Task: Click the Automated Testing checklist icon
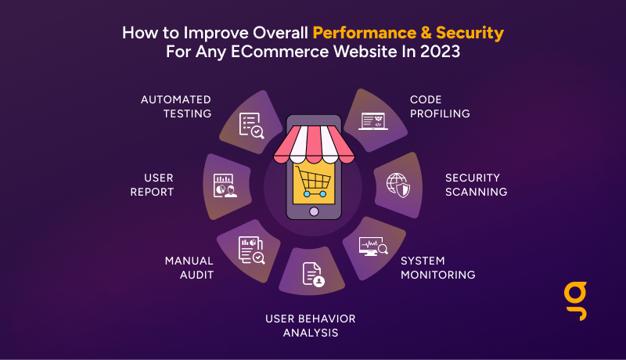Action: click(251, 126)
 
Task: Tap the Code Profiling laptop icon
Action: click(373, 121)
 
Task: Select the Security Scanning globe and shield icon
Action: click(398, 185)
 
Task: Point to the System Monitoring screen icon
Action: click(373, 247)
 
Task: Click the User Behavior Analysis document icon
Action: click(314, 275)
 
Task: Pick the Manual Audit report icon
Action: click(251, 250)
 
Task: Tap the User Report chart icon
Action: click(225, 185)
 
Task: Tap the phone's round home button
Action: click(314, 211)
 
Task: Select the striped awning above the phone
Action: click(314, 145)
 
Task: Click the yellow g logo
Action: click(576, 301)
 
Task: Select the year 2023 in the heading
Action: click(440, 52)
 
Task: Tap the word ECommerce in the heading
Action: click(280, 52)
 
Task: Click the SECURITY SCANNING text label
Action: click(477, 185)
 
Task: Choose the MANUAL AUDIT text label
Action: click(189, 268)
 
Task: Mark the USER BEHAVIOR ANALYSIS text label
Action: click(311, 326)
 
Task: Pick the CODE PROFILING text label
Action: click(440, 106)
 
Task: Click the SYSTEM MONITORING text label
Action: click(438, 268)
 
